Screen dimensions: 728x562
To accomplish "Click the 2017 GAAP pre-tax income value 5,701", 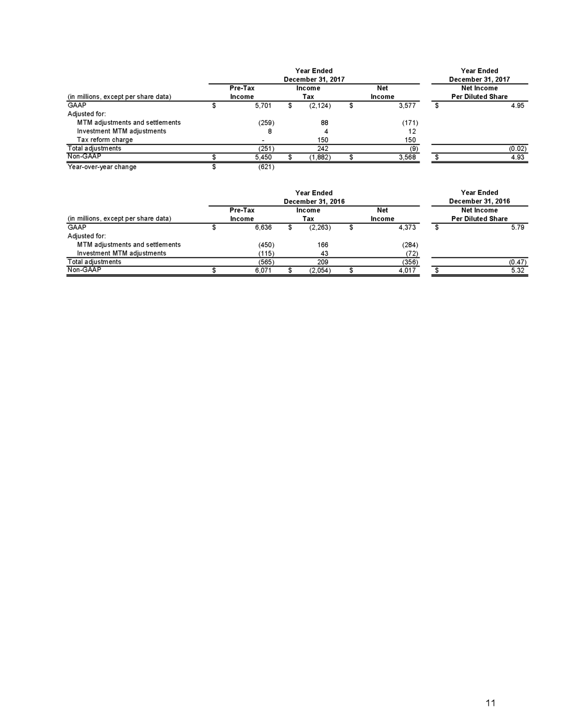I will (x=263, y=105).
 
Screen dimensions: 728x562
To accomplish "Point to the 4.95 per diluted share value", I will (x=518, y=105).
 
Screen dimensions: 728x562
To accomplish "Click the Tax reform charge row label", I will (x=105, y=140).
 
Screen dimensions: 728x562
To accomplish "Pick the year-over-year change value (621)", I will (x=266, y=167).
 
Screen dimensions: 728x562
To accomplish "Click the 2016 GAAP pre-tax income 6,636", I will (x=263, y=228).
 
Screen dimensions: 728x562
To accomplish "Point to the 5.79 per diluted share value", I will (x=518, y=228).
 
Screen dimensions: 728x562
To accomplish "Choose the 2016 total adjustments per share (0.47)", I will (x=518, y=262).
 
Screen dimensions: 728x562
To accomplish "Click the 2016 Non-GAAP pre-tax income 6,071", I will (x=263, y=270).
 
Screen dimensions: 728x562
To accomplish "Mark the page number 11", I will (x=490, y=703).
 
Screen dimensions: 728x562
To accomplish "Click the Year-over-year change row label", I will (x=102, y=167).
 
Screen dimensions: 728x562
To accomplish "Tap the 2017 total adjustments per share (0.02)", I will (x=518, y=149).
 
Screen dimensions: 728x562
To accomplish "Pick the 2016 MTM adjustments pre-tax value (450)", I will (x=266, y=245).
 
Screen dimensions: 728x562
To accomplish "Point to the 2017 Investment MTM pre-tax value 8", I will (x=270, y=131).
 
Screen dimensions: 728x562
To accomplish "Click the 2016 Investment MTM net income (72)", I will (x=412, y=254).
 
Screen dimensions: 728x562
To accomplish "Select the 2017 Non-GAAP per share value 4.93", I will (x=518, y=157).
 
